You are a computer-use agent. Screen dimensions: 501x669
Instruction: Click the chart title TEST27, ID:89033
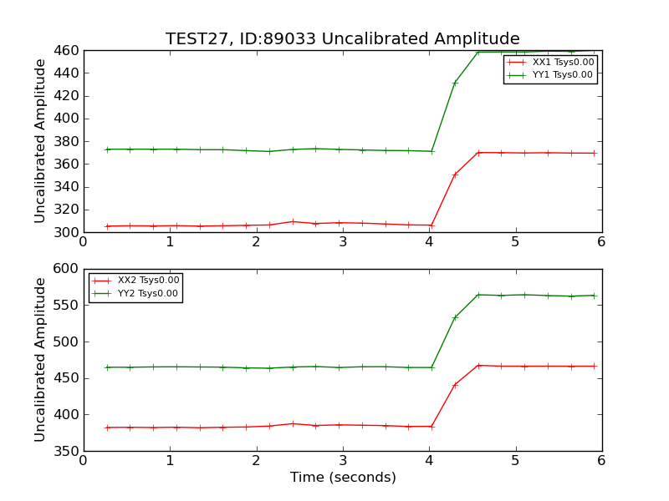pos(342,39)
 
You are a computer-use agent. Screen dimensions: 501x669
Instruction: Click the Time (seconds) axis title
pos(343,478)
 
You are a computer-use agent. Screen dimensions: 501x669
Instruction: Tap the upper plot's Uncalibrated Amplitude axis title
pos(40,140)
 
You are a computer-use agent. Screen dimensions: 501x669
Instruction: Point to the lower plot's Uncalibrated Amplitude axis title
pos(40,359)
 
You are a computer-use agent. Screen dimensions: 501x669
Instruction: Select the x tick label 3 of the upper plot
pos(343,242)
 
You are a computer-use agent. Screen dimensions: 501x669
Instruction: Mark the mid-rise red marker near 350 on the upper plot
pos(455,175)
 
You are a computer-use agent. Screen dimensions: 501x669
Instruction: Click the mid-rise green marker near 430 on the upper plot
pos(455,83)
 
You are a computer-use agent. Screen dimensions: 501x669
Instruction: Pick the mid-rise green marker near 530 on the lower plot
pos(455,317)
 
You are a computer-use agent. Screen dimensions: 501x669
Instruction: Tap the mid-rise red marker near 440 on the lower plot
pos(455,385)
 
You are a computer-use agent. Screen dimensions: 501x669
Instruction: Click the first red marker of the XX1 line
pos(107,226)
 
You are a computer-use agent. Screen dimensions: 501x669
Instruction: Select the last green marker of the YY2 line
pos(594,295)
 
